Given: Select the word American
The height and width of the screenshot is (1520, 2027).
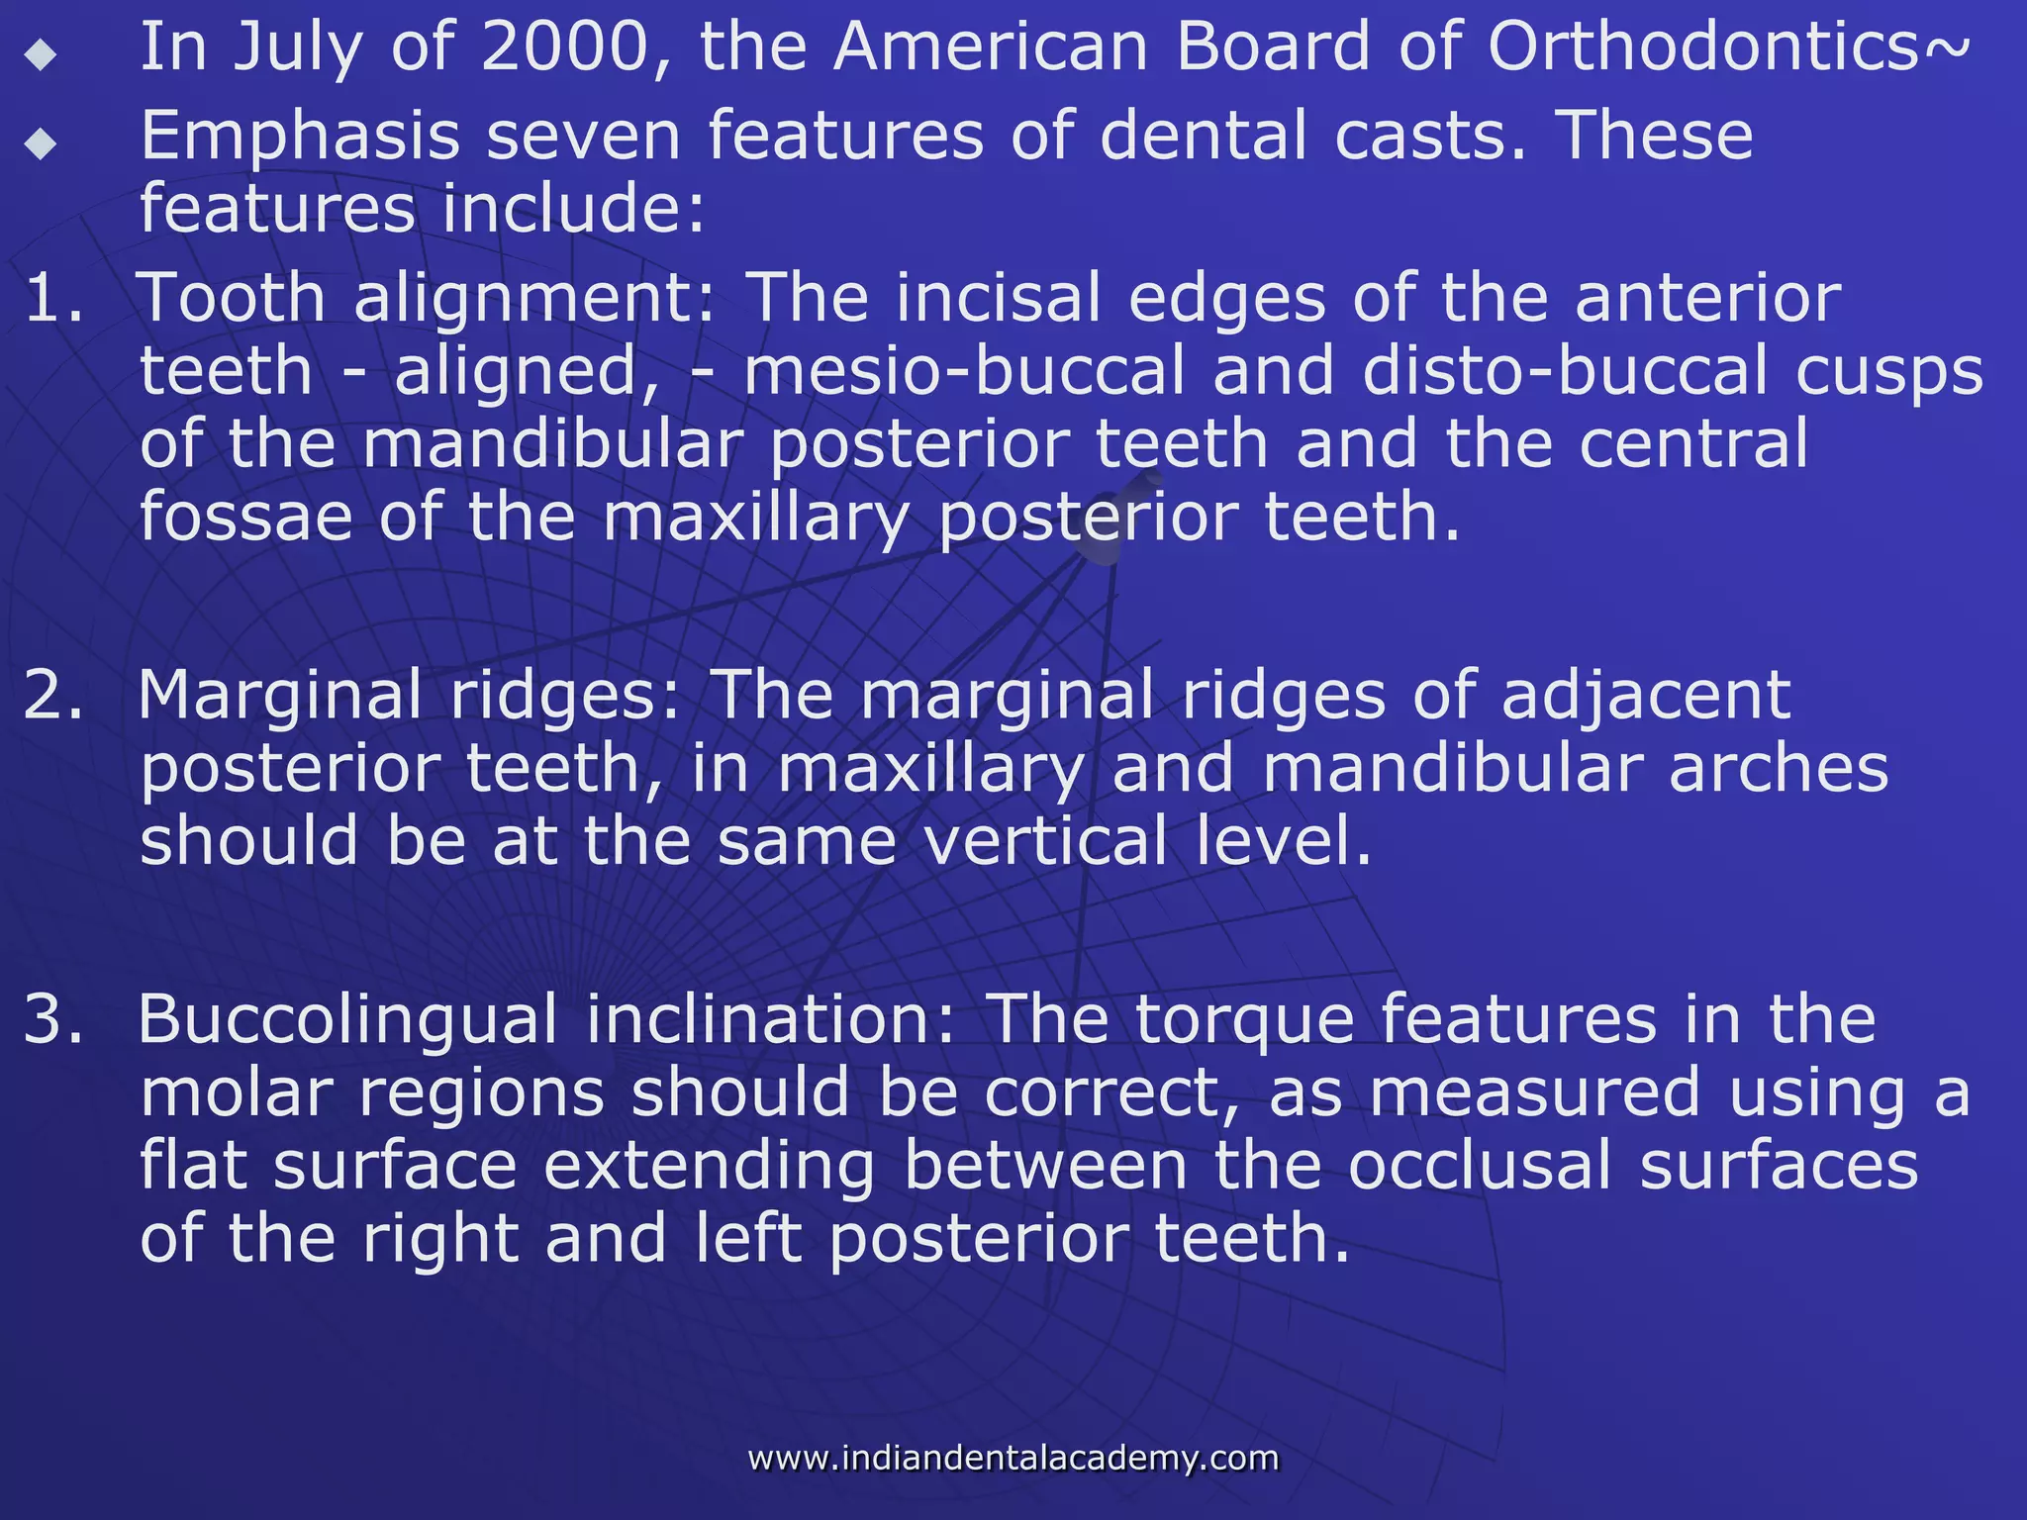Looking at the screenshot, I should point(991,47).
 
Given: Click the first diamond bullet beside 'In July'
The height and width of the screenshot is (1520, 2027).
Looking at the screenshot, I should point(41,54).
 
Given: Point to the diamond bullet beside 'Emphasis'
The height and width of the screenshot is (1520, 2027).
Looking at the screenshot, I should point(41,143).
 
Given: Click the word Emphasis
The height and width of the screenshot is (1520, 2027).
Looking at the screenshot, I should point(300,137).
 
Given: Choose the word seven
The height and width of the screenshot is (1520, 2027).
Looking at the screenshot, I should point(583,137).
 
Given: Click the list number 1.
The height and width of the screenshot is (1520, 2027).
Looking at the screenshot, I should point(51,298).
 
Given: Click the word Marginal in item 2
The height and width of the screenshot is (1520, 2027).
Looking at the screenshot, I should point(280,697).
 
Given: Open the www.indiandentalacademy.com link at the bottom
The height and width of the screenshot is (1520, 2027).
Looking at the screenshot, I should point(1013,1458).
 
